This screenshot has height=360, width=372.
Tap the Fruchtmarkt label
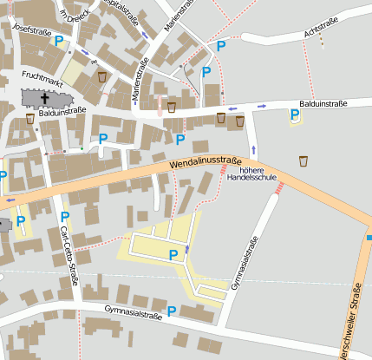[x=42, y=75]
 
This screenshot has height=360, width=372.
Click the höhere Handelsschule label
[x=258, y=176]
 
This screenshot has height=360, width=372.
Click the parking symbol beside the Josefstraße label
[x=59, y=41]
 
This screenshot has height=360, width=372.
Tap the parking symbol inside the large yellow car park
[x=173, y=254]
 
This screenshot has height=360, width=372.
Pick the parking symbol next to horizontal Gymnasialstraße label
[x=172, y=311]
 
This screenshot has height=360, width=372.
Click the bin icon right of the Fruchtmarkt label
[x=102, y=77]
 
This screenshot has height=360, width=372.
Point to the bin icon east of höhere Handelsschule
[x=303, y=160]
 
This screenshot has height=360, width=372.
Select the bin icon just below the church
[x=30, y=118]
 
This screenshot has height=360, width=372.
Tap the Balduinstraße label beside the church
[x=62, y=111]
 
